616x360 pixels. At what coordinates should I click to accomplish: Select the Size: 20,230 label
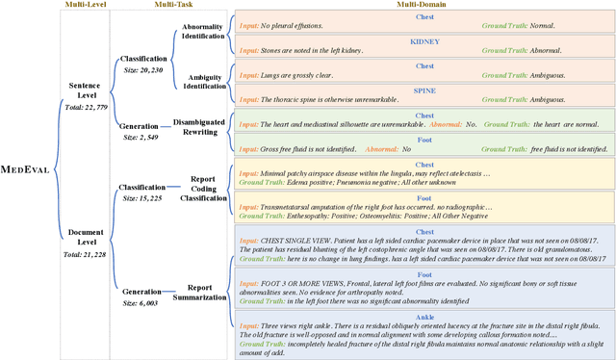click(x=141, y=70)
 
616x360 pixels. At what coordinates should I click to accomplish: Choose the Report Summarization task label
click(x=201, y=266)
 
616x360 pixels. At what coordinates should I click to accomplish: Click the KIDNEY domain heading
click(x=423, y=42)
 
